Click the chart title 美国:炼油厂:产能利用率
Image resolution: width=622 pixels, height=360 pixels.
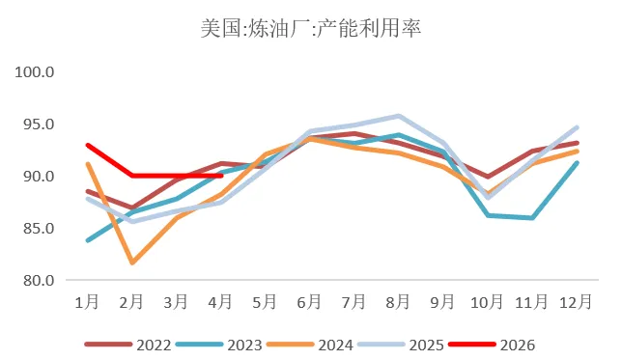[x=311, y=28]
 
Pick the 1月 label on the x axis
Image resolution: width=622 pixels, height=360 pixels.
[x=87, y=302]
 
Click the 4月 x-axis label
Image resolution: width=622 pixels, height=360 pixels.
[x=221, y=302]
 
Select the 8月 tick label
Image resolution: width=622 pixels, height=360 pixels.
[x=398, y=302]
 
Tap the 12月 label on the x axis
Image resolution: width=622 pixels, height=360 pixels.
[x=577, y=302]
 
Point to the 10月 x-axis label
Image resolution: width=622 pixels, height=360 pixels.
[x=488, y=302]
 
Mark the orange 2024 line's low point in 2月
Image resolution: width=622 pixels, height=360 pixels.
[x=131, y=263]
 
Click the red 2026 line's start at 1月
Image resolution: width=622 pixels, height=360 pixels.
[x=87, y=146]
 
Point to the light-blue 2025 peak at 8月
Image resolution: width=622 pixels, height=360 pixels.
[x=398, y=116]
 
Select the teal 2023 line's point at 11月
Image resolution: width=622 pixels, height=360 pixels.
[x=532, y=218]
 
